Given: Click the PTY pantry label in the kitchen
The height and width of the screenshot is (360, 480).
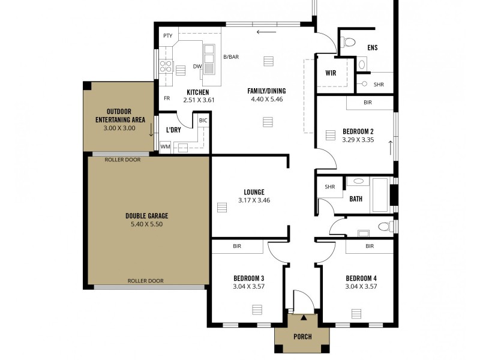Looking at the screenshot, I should (x=168, y=36).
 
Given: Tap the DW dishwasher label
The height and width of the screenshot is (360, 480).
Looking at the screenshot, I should (x=196, y=67).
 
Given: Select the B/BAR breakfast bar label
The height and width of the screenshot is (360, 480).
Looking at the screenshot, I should (x=231, y=57).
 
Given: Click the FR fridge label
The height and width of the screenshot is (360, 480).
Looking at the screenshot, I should (x=167, y=98).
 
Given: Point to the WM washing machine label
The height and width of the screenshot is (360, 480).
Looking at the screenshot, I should (x=165, y=146).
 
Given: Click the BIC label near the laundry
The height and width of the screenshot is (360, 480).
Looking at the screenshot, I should (x=203, y=121).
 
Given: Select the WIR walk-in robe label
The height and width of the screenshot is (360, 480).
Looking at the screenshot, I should (x=330, y=73).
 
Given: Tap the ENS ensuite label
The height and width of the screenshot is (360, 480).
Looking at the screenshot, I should (x=372, y=47).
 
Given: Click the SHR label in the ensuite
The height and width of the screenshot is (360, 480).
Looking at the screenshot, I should (x=379, y=85).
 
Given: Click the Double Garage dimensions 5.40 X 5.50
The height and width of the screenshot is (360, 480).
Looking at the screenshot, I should (x=146, y=224).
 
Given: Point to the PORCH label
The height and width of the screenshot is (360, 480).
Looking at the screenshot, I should (x=302, y=337).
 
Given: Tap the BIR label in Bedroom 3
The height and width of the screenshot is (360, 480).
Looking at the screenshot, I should (x=236, y=246).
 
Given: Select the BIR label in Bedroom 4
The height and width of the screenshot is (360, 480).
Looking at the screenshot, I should (x=369, y=246).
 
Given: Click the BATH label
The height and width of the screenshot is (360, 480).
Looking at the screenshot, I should (x=356, y=199).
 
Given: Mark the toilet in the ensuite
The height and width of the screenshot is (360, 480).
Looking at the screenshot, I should (x=349, y=41).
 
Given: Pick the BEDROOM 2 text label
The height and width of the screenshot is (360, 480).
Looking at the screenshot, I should (x=358, y=131).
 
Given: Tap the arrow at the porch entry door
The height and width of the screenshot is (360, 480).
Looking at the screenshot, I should (x=304, y=317).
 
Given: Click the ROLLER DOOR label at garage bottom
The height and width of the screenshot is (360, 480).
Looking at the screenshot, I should (x=145, y=281).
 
